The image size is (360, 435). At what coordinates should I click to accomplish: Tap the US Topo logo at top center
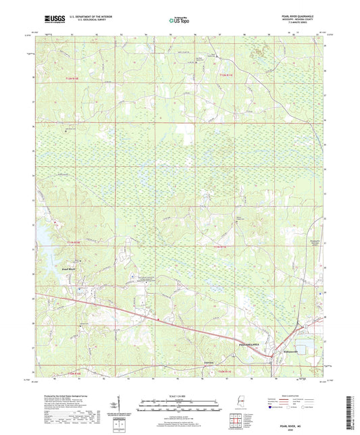point(179,20)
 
